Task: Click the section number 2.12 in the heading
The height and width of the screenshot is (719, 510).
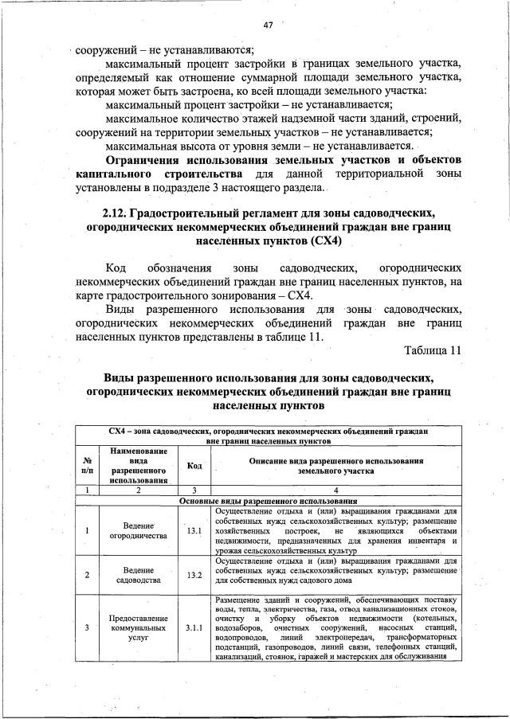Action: (x=114, y=213)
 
